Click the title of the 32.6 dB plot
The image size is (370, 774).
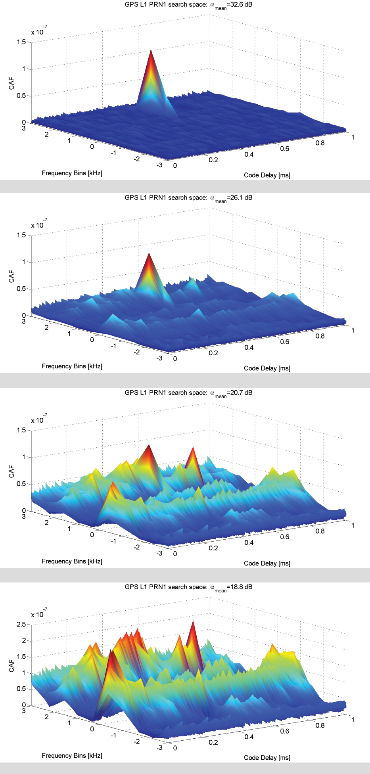188,5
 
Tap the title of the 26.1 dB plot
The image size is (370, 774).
188,198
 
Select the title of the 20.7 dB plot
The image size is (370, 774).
188,393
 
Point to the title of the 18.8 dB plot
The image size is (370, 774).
188,587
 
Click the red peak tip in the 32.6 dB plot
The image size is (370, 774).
151,50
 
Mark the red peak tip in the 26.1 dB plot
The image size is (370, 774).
149,254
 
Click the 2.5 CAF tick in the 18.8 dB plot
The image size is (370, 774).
21,625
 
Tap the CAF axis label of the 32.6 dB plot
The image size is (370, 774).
12,83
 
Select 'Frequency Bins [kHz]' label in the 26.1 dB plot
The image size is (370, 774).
72,366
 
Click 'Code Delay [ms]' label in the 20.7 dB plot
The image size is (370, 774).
267,563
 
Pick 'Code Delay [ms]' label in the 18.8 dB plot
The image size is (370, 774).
267,758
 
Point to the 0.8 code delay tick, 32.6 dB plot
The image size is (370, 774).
320,143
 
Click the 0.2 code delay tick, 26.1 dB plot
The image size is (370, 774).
213,353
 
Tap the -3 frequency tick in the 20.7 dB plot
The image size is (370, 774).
159,554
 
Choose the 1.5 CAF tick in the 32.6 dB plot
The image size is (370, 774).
21,42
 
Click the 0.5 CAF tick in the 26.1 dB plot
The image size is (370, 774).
21,289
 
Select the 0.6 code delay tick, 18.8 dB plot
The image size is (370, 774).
285,731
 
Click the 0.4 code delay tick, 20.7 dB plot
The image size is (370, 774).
249,543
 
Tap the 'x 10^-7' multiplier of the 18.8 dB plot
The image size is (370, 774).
39,614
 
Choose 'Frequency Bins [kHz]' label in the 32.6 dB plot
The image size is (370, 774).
72,173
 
